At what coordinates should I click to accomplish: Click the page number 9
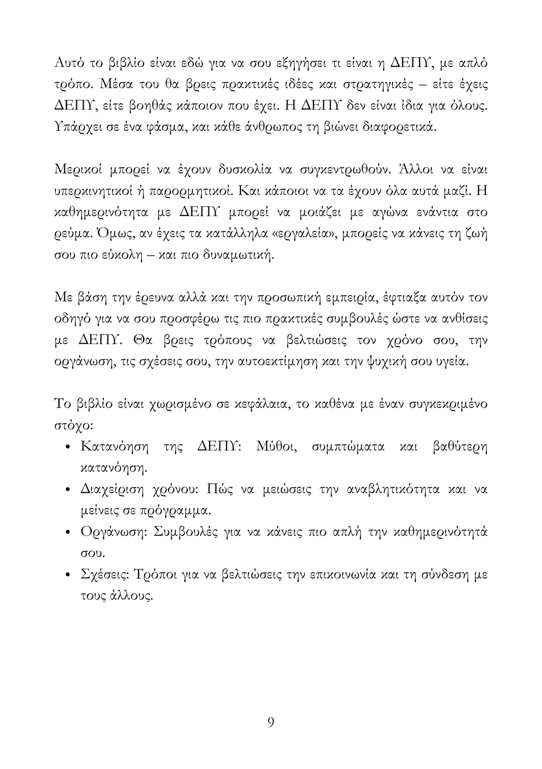point(271,722)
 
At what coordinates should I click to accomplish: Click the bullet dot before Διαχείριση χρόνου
point(68,491)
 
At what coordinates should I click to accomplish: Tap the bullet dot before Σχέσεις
point(68,576)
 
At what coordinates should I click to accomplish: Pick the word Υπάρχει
point(77,127)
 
